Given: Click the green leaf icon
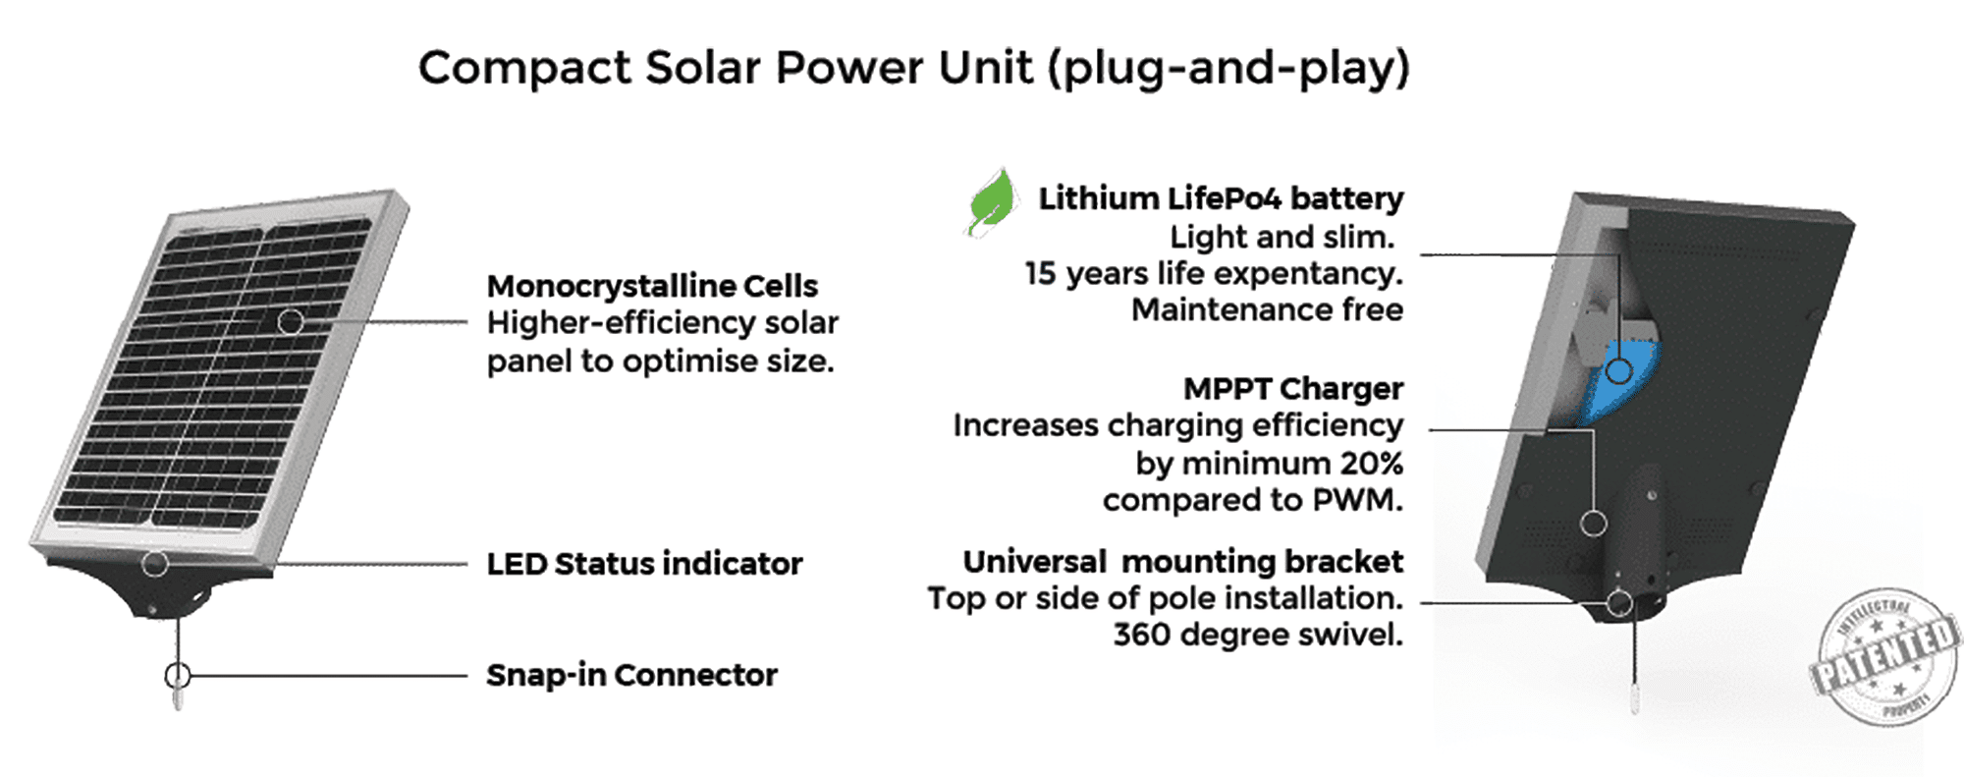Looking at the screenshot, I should click(x=992, y=202).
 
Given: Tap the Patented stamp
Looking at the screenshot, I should click(x=1883, y=656).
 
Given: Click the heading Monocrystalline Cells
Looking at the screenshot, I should click(x=652, y=286).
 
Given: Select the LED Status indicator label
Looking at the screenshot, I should click(x=644, y=564).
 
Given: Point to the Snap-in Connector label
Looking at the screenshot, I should click(x=631, y=675).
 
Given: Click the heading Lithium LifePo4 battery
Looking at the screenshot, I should click(x=1221, y=198).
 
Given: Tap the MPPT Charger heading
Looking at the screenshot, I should click(x=1292, y=389).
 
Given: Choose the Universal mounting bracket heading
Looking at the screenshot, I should click(x=1182, y=562).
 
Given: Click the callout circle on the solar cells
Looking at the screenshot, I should click(x=290, y=321).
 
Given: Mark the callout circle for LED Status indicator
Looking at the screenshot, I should click(x=154, y=564).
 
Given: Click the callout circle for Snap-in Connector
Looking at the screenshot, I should click(x=178, y=676).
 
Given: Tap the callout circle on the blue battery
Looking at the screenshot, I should click(x=1618, y=370).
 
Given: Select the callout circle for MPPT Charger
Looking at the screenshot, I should click(x=1593, y=524).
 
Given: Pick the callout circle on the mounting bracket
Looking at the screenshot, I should click(x=1619, y=602).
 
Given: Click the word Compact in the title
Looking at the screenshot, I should click(x=524, y=68).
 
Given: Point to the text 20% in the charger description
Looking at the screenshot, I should click(x=1371, y=463).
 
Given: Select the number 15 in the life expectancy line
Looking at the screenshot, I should click(x=1039, y=273).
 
